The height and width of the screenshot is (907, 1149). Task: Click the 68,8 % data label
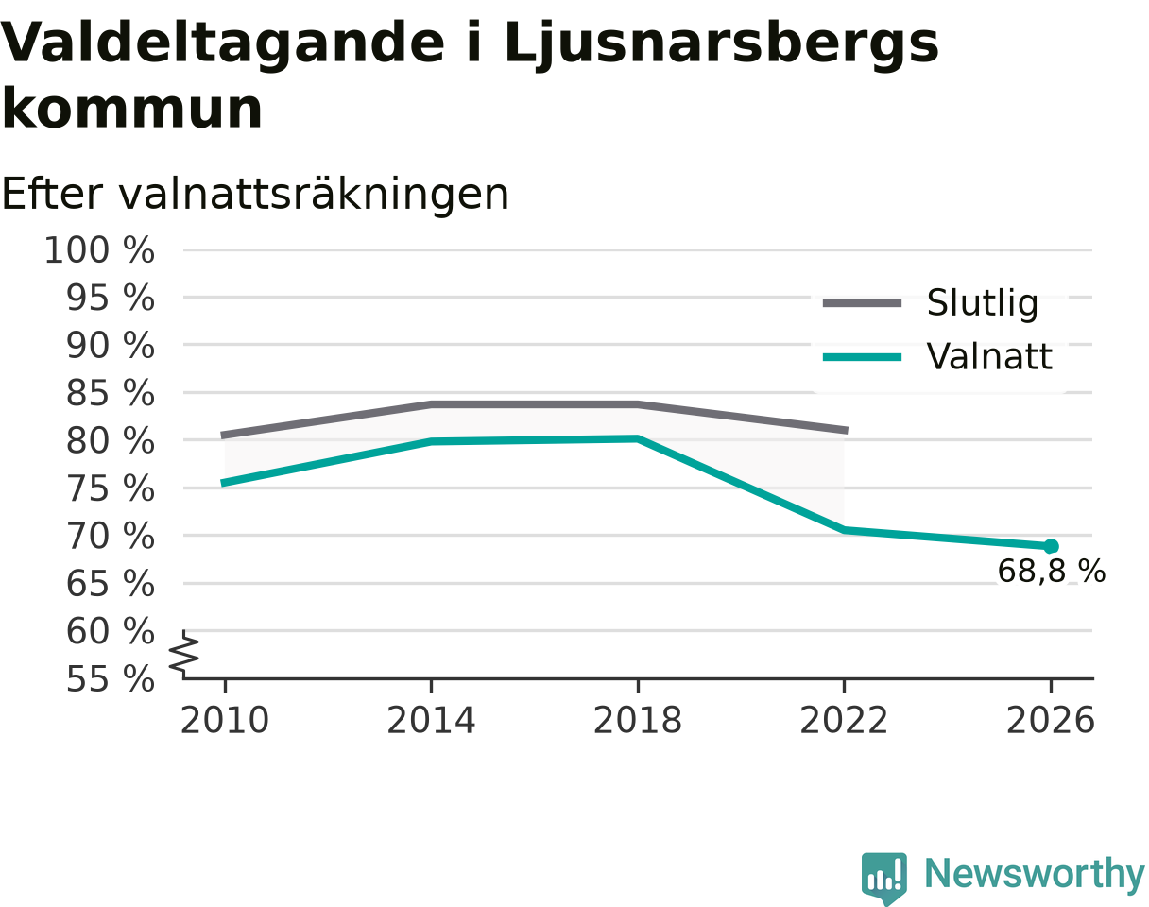tap(1051, 572)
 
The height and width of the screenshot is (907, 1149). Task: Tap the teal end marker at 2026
tap(1051, 546)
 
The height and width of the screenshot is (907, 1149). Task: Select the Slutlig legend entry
tap(930, 303)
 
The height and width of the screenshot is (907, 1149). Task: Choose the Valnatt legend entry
tap(937, 356)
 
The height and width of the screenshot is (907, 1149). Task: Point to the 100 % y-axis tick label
tap(99, 250)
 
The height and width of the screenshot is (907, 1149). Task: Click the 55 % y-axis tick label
tap(111, 679)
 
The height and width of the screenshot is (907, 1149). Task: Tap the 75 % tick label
tap(111, 488)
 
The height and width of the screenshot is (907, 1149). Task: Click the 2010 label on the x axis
tap(225, 721)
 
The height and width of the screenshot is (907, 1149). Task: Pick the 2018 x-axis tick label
tap(638, 721)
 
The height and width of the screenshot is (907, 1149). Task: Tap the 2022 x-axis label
tap(844, 721)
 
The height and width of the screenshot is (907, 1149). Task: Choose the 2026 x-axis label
tap(1050, 721)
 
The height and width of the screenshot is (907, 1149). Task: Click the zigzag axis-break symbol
tap(184, 655)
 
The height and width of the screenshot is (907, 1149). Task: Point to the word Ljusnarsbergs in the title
tap(721, 43)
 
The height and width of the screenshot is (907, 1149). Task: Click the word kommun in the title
tap(132, 109)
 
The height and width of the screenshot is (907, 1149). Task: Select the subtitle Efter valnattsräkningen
tap(255, 195)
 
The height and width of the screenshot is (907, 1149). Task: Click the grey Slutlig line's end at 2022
tap(847, 430)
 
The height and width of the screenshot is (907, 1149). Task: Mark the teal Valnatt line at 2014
tap(432, 441)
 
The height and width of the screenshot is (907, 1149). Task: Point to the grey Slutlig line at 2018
tap(638, 404)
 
